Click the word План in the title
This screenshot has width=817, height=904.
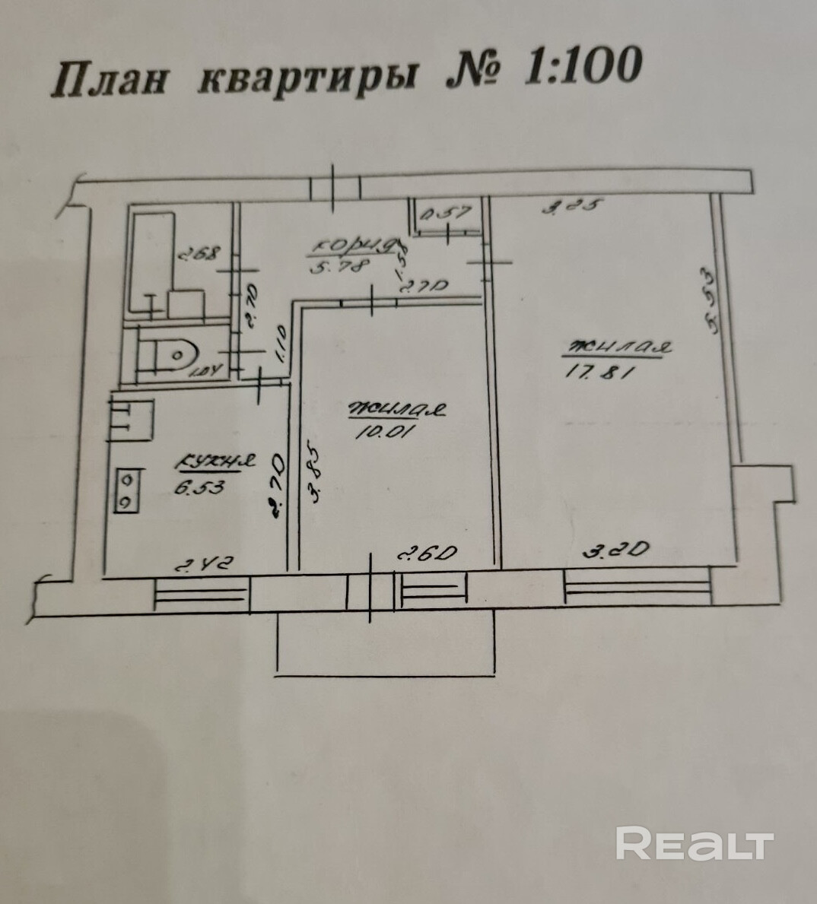click(107, 78)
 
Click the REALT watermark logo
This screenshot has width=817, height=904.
click(694, 844)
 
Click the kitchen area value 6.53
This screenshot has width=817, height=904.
click(199, 488)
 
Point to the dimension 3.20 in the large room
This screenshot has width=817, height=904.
click(615, 549)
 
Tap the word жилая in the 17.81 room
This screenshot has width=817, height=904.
click(616, 347)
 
